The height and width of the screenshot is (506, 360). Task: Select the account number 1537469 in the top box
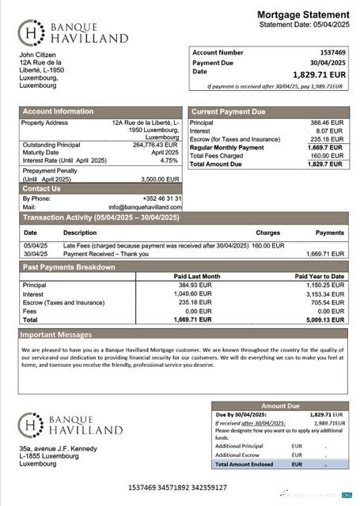click(327, 52)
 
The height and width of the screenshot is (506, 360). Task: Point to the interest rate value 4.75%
click(169, 160)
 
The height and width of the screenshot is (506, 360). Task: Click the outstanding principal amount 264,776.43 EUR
click(156, 145)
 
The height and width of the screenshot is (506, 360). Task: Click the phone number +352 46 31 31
click(162, 198)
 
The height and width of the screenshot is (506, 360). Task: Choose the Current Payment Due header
click(229, 112)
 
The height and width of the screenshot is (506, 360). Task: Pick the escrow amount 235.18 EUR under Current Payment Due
click(326, 139)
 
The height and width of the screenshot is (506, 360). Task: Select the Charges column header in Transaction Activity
click(267, 233)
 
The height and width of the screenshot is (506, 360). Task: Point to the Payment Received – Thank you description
click(100, 254)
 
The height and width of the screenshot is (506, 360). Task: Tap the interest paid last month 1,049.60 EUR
click(193, 293)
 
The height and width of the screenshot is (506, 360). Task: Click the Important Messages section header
click(57, 334)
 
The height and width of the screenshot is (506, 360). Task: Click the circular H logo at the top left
click(31, 32)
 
